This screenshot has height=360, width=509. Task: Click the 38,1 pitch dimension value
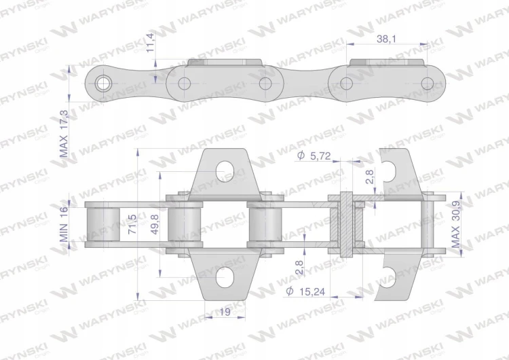pyautogui.click(x=386, y=39)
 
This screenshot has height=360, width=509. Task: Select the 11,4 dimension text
pyautogui.click(x=151, y=42)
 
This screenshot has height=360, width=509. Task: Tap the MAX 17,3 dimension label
pyautogui.click(x=64, y=134)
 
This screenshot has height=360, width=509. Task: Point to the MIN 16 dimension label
pyautogui.click(x=64, y=224)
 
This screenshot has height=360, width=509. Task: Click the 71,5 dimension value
pyautogui.click(x=132, y=224)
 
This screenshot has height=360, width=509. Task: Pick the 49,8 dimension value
pyautogui.click(x=155, y=224)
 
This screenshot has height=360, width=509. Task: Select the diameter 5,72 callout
pyautogui.click(x=314, y=156)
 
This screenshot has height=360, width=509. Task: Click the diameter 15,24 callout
pyautogui.click(x=305, y=291)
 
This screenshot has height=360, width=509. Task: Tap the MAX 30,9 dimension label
pyautogui.click(x=456, y=224)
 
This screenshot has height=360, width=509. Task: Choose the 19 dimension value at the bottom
pyautogui.click(x=225, y=312)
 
